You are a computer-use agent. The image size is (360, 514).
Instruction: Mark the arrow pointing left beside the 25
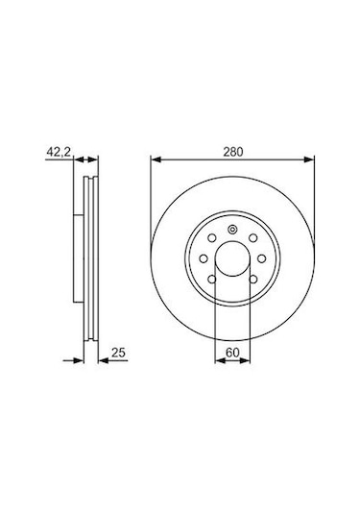104,360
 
